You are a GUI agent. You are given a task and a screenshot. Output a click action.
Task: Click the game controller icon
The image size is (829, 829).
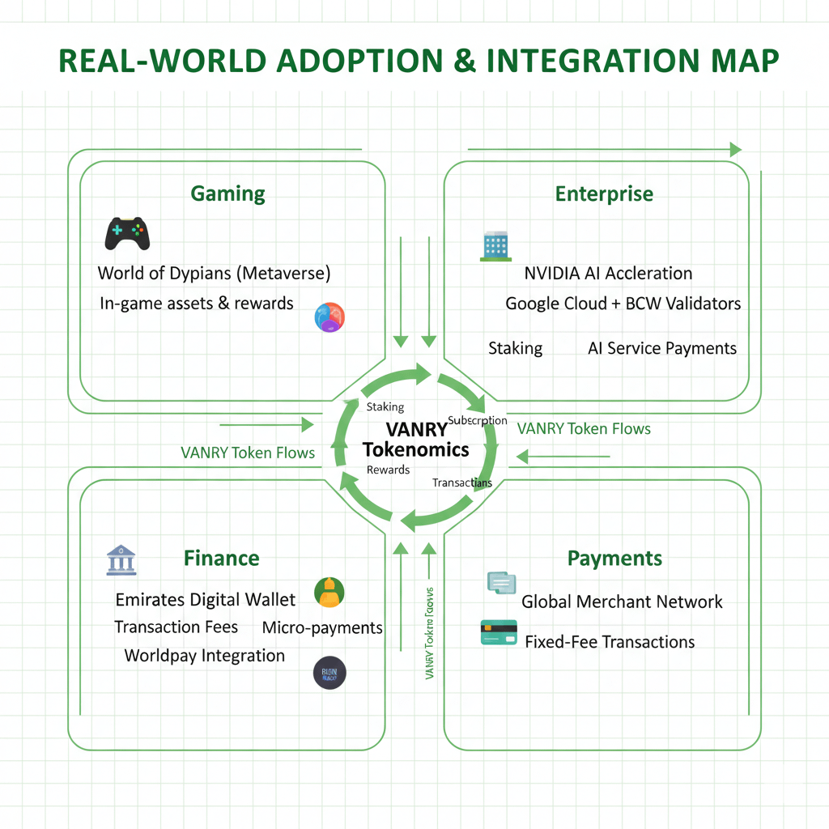127,233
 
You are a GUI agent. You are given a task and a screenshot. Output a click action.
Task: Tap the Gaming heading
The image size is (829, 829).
227,194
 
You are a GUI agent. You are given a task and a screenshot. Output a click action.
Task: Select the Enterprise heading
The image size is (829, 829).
604,194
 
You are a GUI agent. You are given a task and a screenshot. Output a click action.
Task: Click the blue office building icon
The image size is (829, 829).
495,246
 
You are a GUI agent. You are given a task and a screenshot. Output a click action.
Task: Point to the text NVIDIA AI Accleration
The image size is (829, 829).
608,273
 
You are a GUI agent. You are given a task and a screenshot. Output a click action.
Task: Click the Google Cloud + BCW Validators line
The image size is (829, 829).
623,304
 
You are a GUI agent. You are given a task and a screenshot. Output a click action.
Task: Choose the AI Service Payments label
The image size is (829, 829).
661,348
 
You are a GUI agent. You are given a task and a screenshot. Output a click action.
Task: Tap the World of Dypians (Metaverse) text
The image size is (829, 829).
214,273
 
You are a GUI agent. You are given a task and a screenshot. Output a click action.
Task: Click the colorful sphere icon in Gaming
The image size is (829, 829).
329,317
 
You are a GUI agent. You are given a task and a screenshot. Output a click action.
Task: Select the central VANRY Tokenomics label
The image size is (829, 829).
415,440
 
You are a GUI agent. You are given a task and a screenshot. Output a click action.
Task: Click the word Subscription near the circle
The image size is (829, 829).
477,420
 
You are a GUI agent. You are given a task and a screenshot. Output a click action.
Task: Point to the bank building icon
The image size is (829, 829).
121,560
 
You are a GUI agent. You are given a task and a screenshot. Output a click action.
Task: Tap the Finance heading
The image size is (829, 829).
221,559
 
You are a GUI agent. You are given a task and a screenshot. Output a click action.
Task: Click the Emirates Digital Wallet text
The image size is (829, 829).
206,600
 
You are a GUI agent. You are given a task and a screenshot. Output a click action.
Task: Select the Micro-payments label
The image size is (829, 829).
322,627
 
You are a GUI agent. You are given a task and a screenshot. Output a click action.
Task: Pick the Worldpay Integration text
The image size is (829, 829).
204,656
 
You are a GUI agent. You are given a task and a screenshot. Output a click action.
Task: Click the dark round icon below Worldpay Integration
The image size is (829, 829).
329,673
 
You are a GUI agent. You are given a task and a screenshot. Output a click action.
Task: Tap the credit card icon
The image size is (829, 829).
499,632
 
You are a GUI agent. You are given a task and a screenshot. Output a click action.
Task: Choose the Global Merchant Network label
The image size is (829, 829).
622,602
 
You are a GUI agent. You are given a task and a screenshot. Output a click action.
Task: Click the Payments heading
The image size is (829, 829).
614,559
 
